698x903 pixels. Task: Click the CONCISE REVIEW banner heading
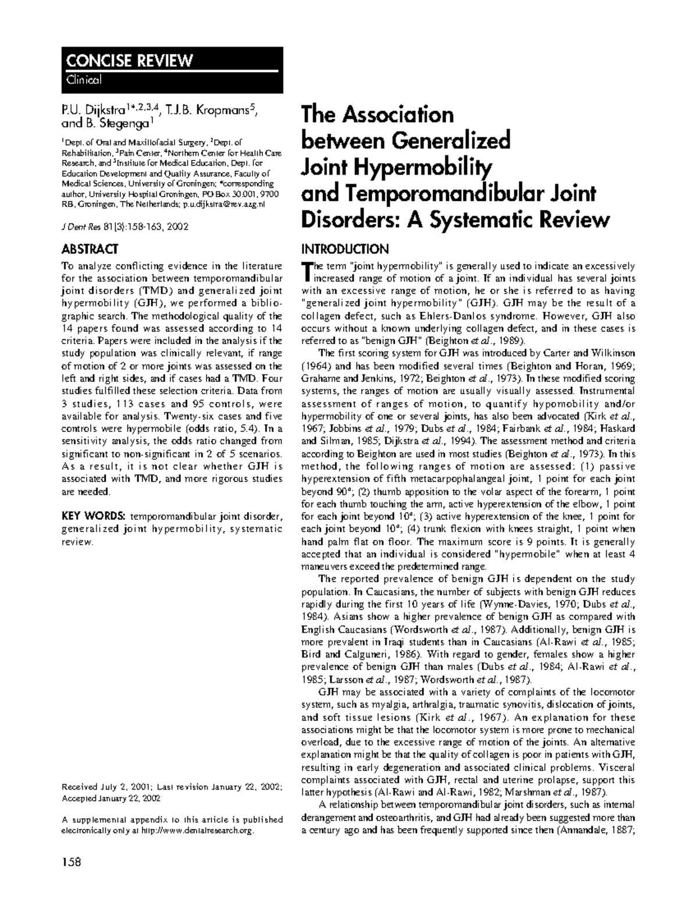[x=129, y=60]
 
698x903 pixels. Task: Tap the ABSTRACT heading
[x=90, y=249]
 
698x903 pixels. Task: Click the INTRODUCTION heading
[x=344, y=249]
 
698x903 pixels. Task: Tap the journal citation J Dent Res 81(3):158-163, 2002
[x=124, y=227]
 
